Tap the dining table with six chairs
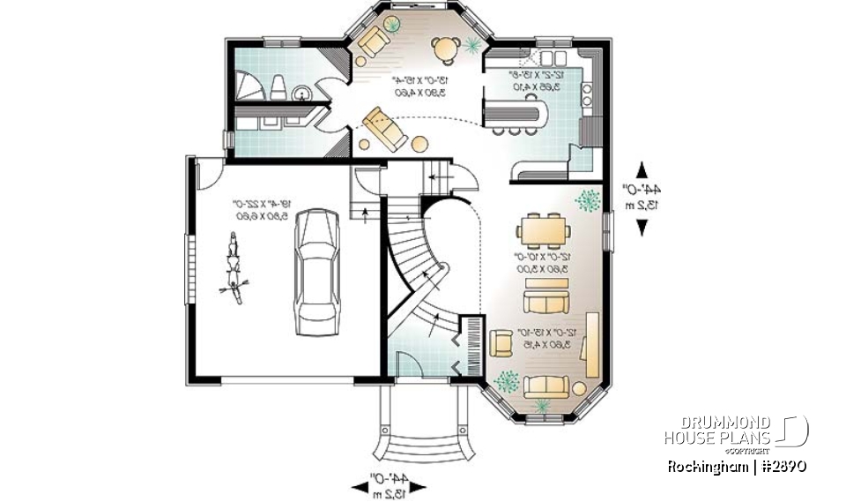point(543,231)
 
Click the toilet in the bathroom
point(278,86)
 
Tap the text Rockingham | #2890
point(737,465)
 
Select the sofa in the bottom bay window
point(546,386)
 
